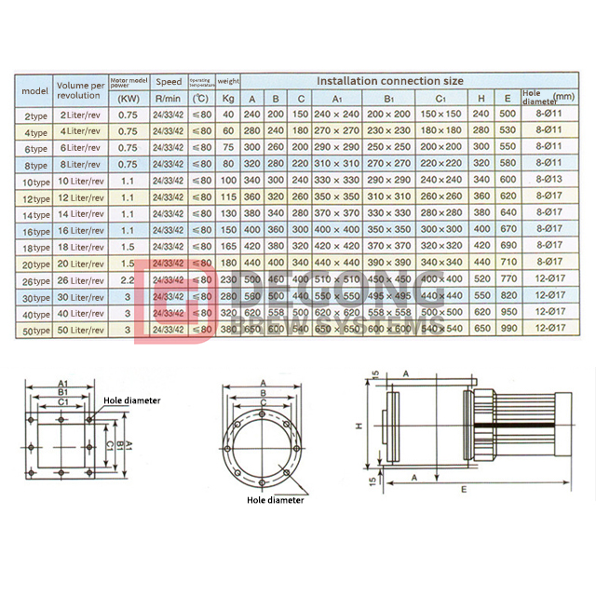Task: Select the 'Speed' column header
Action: click(x=169, y=82)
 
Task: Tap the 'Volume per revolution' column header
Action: click(x=81, y=89)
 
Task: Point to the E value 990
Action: click(x=508, y=329)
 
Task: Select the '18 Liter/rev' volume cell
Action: click(x=81, y=247)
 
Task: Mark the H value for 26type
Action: click(x=480, y=280)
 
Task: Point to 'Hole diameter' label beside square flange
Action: click(x=131, y=400)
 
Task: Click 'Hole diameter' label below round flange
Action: click(x=275, y=499)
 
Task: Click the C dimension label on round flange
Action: click(x=264, y=406)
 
